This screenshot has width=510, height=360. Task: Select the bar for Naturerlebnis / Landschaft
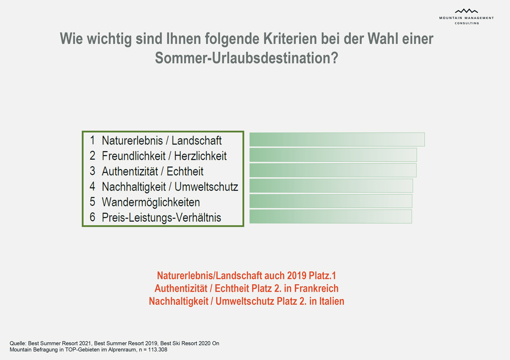tap(337, 139)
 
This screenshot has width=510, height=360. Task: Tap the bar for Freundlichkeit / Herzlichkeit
tap(333, 155)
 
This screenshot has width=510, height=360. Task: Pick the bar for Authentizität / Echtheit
tap(333, 170)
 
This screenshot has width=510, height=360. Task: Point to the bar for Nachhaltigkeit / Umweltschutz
tap(331, 185)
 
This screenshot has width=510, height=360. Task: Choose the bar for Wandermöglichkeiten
tap(331, 201)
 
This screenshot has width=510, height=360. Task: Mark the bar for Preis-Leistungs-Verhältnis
tap(330, 216)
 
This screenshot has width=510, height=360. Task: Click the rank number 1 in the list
tap(92, 140)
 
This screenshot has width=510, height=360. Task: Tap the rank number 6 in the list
tap(92, 218)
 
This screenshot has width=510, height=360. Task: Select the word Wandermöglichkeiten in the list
tap(151, 202)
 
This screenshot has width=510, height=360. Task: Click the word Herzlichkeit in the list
tap(201, 156)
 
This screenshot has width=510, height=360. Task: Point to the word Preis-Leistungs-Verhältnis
tap(161, 218)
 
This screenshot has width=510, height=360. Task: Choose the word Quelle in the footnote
tap(17, 343)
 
